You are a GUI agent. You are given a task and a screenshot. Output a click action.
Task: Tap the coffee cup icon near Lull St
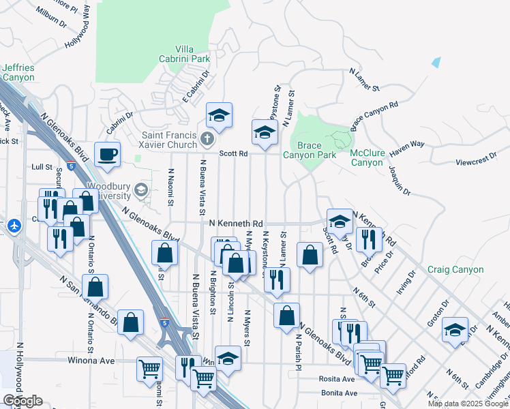point(107,153)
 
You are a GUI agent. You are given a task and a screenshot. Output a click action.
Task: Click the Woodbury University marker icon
point(142,190)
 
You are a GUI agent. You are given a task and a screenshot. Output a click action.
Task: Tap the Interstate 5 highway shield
point(164,320)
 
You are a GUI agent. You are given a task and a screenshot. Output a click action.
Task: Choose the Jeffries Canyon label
point(18,72)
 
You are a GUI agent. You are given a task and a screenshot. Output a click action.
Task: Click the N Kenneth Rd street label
point(236,224)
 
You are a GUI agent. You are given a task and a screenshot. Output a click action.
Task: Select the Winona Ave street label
point(90,360)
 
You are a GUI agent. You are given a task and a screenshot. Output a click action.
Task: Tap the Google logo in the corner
point(22,401)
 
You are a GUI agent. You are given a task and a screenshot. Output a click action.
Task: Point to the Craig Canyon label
point(456,270)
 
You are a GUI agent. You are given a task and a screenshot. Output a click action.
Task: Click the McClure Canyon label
point(366,157)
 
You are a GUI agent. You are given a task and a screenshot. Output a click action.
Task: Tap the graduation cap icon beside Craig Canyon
point(455,329)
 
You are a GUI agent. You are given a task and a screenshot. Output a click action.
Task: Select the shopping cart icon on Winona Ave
point(149,368)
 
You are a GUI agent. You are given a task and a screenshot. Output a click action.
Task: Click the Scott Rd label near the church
point(232,154)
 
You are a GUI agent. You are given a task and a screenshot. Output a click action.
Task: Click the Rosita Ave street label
point(337,379)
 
